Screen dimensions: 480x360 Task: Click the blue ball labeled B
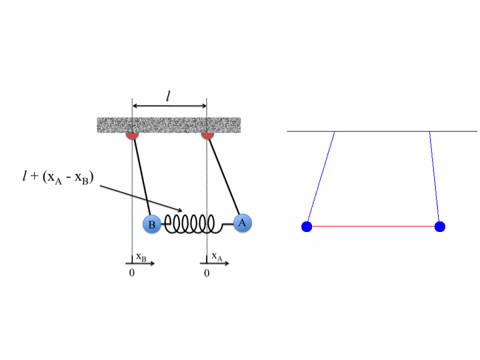tap(152, 224)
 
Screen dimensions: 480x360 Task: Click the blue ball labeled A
tap(243, 223)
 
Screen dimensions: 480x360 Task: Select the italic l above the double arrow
tap(168, 96)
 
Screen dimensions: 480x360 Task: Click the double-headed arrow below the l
tap(169, 106)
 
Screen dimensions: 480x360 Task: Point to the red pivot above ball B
tap(132, 135)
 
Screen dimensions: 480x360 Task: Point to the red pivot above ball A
tap(207, 135)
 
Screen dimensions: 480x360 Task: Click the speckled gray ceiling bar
tap(169, 125)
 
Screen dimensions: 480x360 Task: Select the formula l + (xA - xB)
tap(58, 177)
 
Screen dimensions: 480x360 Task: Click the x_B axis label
tap(141, 257)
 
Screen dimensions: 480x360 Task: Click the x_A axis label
tap(217, 257)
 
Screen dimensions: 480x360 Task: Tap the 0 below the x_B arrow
tap(132, 273)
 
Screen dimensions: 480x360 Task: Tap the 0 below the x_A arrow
tap(207, 273)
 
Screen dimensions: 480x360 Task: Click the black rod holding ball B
tap(143, 177)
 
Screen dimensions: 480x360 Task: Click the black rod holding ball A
tap(224, 177)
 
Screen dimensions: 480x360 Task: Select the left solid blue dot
tap(307, 227)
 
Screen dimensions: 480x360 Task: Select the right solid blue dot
tap(439, 227)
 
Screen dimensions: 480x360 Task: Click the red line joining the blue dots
tap(373, 227)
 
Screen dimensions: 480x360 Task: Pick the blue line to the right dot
tap(435, 177)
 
